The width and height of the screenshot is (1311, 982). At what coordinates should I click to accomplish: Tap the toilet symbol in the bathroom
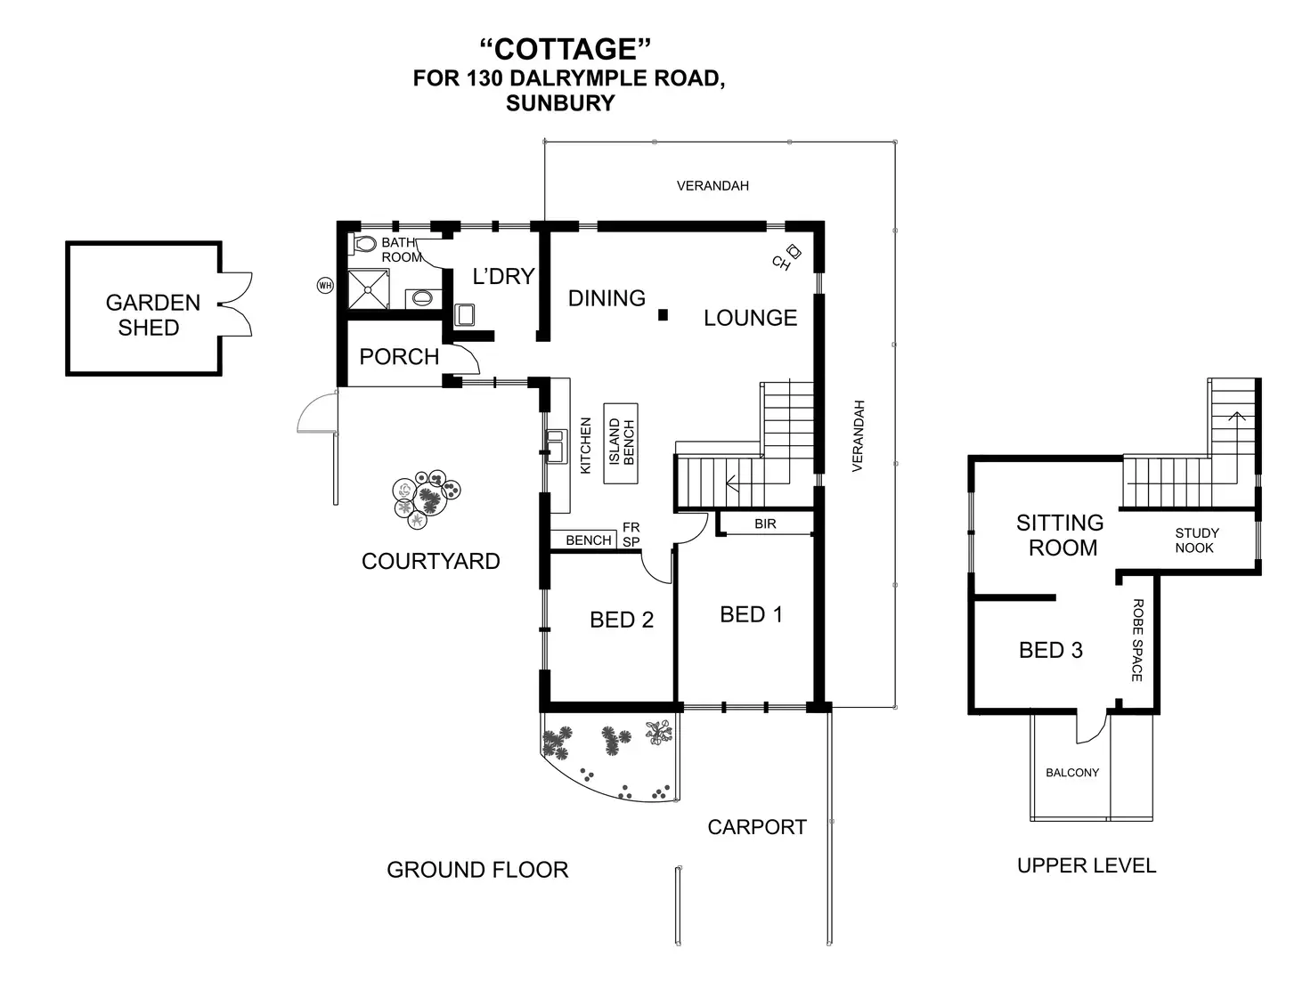(x=365, y=244)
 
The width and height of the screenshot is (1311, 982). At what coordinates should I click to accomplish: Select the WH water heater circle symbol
(x=325, y=286)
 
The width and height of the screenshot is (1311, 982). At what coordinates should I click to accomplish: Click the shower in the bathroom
(x=368, y=289)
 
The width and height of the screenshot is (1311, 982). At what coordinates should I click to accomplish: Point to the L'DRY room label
(x=503, y=277)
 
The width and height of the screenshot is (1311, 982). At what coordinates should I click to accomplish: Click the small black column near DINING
(x=663, y=314)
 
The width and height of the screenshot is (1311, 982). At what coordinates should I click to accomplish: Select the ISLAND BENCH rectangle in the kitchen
(x=622, y=442)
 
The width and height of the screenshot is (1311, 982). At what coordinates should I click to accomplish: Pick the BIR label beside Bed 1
(x=765, y=524)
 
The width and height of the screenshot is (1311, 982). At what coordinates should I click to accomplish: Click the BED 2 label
(x=622, y=621)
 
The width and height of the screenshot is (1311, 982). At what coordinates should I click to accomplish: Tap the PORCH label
(x=399, y=357)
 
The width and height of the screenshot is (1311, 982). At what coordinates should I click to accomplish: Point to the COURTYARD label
(x=431, y=562)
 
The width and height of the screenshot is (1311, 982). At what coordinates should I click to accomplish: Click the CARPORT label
(x=757, y=828)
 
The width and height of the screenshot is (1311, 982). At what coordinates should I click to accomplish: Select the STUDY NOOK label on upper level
(x=1196, y=540)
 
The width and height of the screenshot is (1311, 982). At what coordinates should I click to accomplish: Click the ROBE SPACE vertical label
(x=1137, y=641)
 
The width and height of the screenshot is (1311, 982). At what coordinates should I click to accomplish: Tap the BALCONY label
(x=1072, y=773)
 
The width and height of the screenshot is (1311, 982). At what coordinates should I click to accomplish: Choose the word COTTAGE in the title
(x=566, y=49)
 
